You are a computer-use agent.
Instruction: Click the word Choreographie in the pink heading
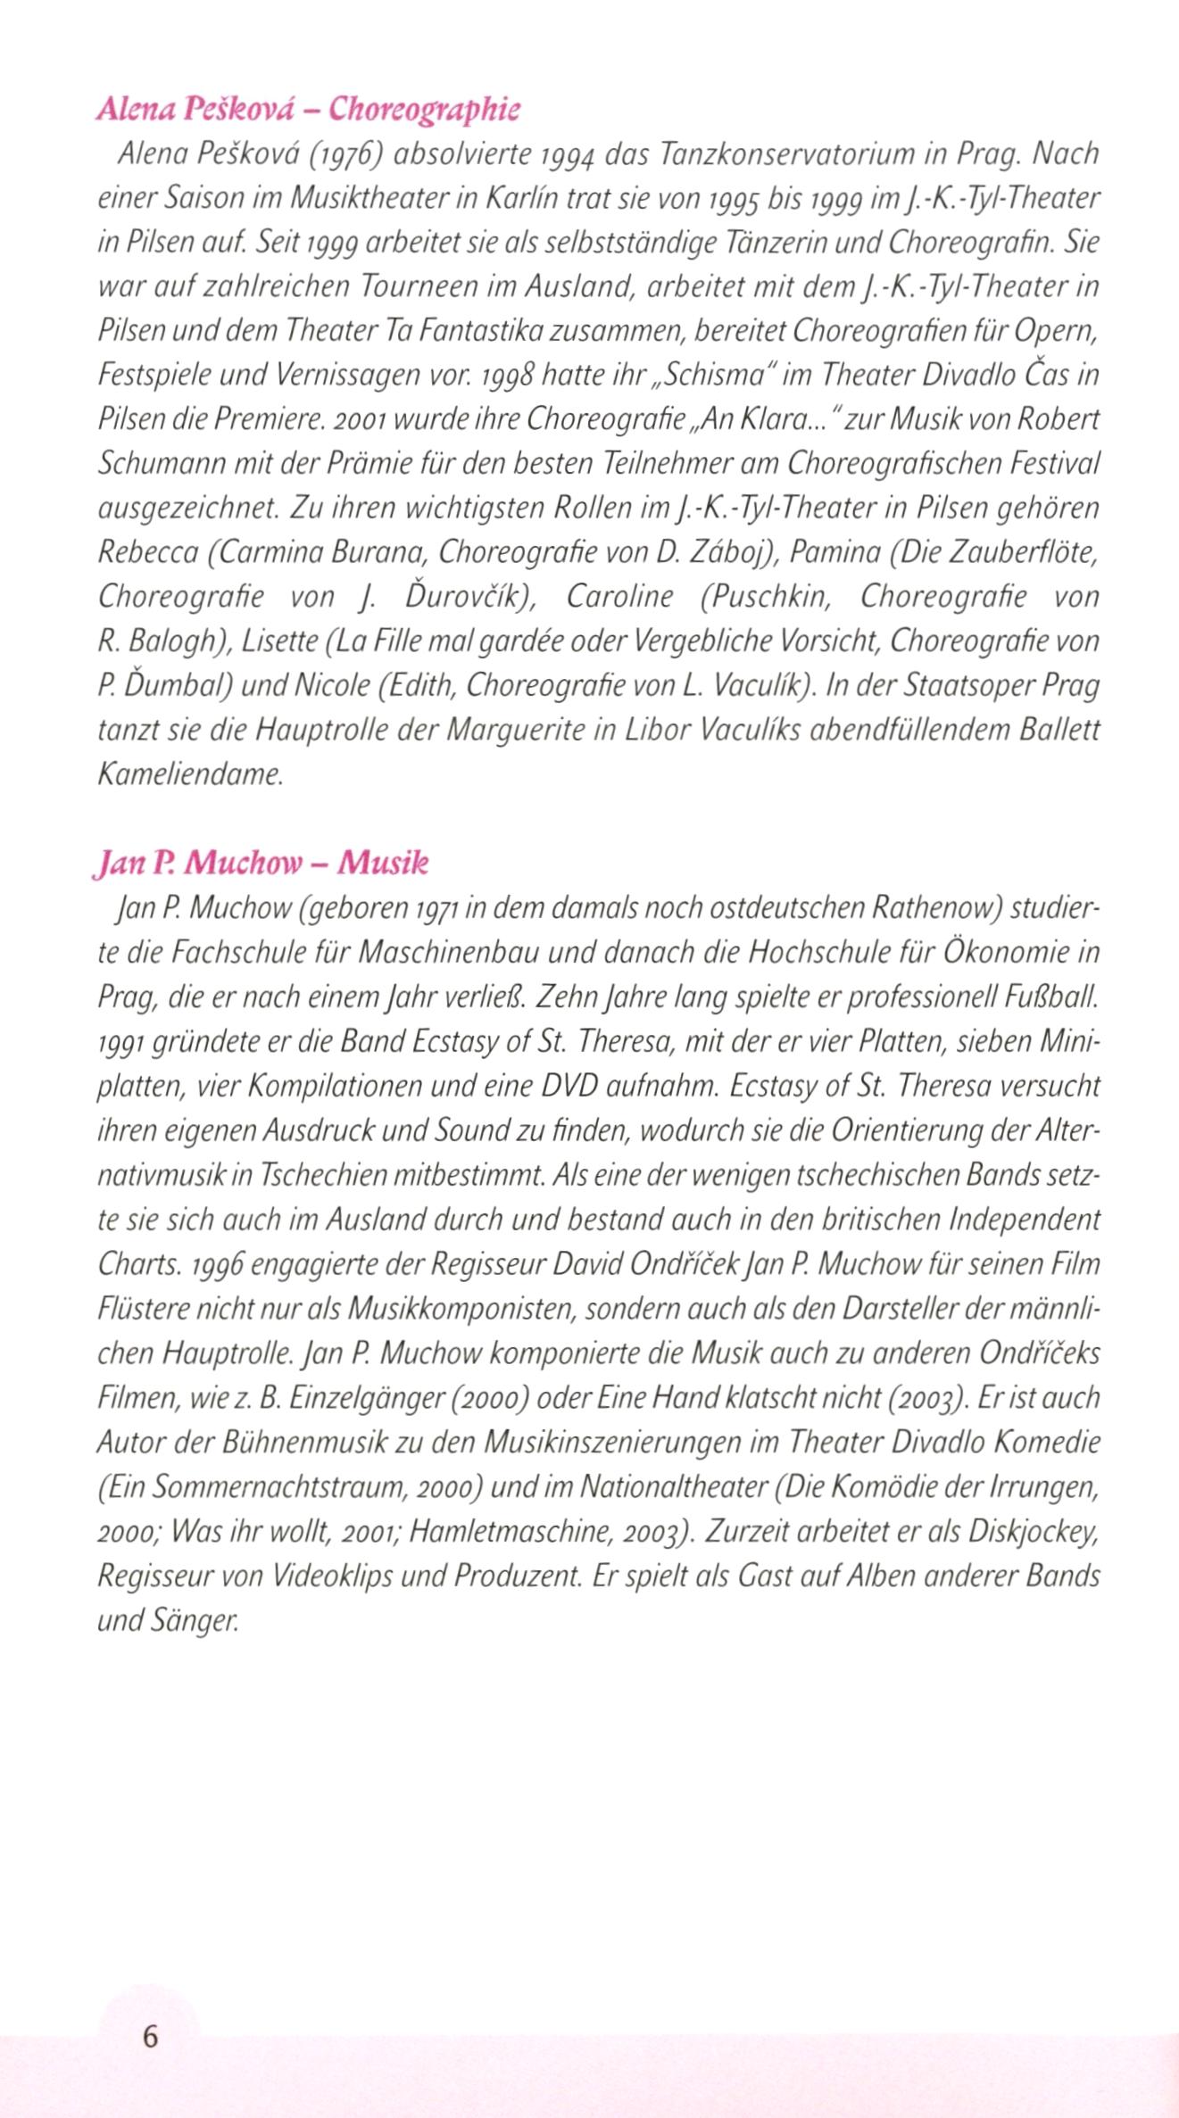(424, 110)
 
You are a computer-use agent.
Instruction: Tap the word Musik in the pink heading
(384, 863)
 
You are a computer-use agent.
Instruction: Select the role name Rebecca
(148, 553)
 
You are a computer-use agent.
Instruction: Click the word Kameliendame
(189, 774)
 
